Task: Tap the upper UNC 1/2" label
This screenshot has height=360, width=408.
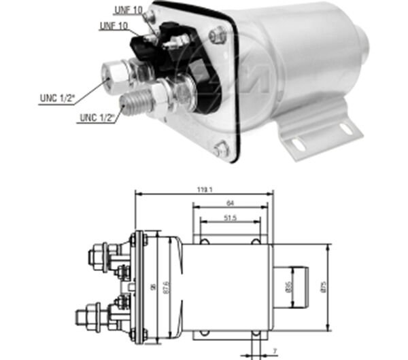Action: (x=56, y=100)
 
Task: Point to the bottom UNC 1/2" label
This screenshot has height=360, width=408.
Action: (x=97, y=118)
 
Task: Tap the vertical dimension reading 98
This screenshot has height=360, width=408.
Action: (x=151, y=287)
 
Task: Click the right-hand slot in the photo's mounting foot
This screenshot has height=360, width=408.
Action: (x=345, y=128)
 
